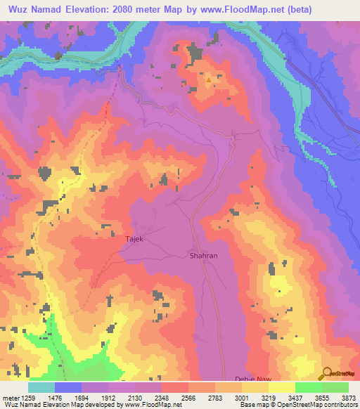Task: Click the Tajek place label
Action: pyautogui.click(x=134, y=240)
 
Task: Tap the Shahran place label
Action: pyautogui.click(x=203, y=256)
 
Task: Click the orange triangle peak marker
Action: pyautogui.click(x=209, y=79)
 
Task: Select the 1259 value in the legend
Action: pyautogui.click(x=26, y=398)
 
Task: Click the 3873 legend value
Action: pyautogui.click(x=348, y=398)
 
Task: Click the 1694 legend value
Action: pyautogui.click(x=81, y=398)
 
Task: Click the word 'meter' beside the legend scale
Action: pyautogui.click(x=9, y=398)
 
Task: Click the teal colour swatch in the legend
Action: pyautogui.click(x=41, y=387)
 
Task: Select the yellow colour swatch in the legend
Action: pyautogui.click(x=282, y=387)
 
